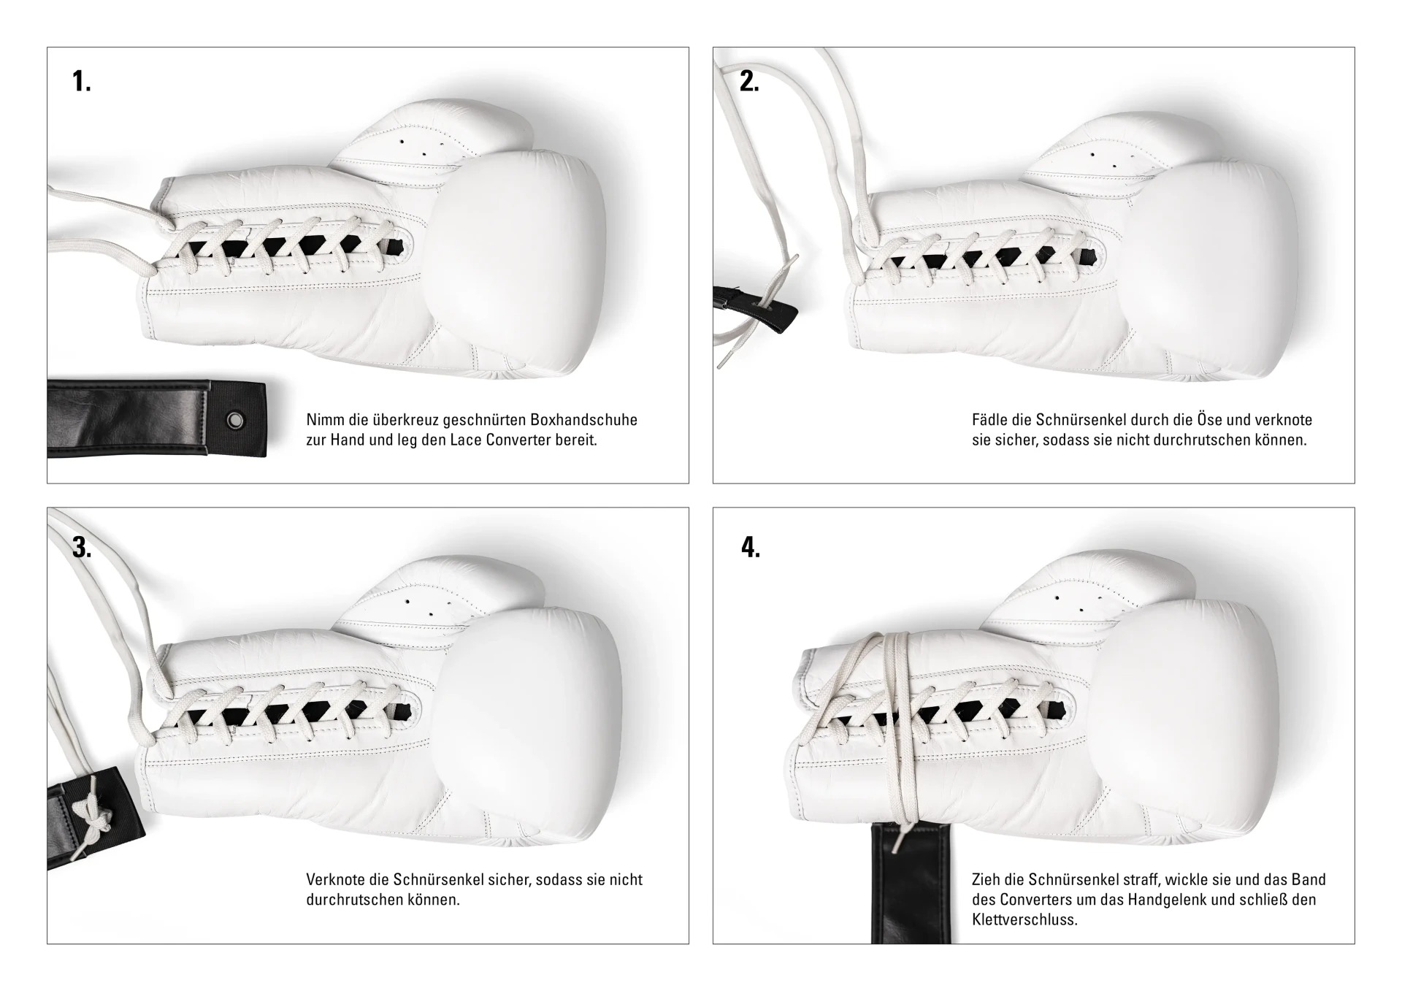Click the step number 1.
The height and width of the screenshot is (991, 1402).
(x=82, y=81)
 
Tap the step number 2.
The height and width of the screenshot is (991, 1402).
(x=749, y=81)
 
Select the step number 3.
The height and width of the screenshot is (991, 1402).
(x=82, y=547)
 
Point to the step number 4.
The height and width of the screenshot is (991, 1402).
(x=751, y=547)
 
